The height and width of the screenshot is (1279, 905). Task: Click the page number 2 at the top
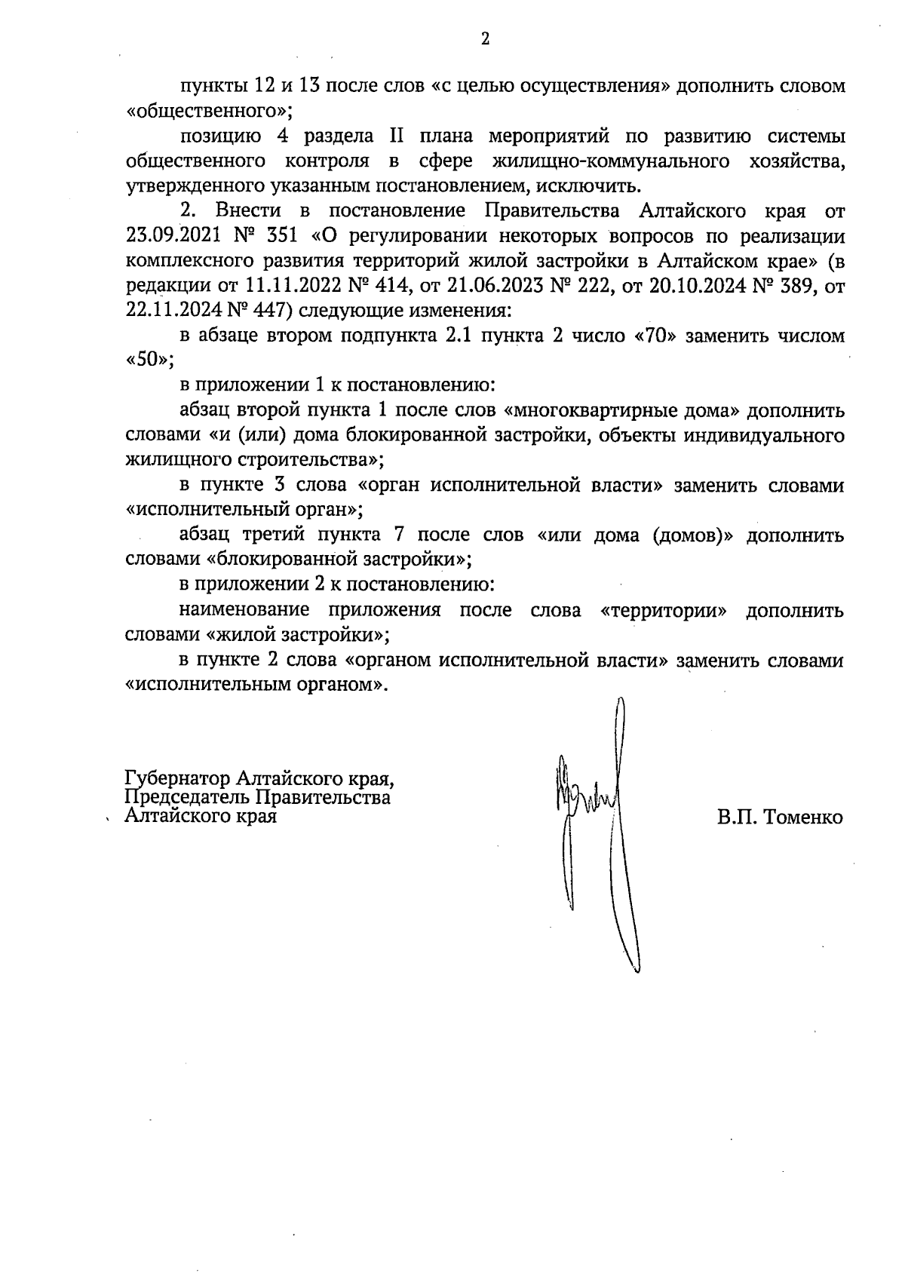485,40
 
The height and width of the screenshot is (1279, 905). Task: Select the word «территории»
664,610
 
